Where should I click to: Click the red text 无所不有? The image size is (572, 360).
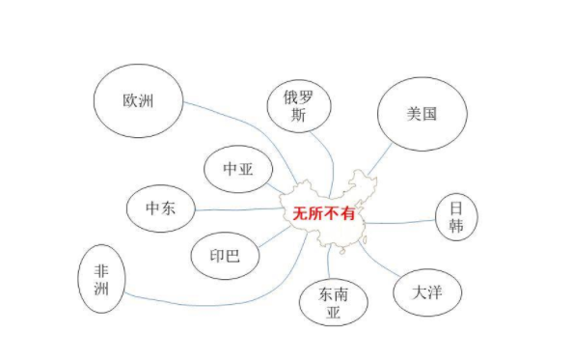(x=324, y=213)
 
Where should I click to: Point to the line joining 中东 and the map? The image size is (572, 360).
(x=239, y=209)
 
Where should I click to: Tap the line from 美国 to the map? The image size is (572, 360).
(x=380, y=159)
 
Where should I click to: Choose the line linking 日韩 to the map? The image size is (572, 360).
(x=399, y=222)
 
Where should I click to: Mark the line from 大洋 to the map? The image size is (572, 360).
(x=376, y=262)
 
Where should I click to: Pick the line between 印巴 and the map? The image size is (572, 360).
(x=274, y=236)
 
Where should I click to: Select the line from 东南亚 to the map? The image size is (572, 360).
(x=329, y=263)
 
